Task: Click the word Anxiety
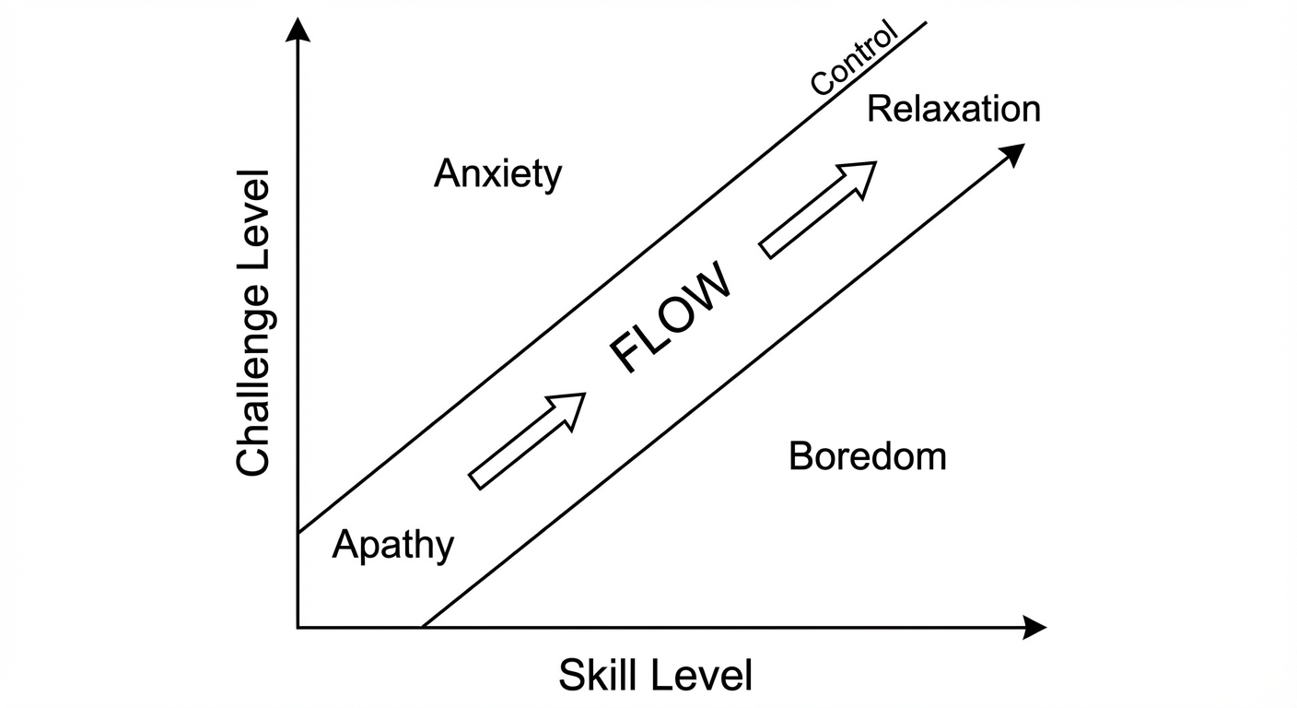497,173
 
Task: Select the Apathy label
392,545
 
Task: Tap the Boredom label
867,456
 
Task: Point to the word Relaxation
953,110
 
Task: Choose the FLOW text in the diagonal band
672,316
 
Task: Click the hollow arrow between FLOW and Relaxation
817,209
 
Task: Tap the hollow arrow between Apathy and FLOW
527,441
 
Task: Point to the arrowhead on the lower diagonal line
1013,154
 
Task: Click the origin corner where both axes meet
298,628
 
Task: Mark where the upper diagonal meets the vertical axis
298,533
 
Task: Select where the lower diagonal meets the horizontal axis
422,628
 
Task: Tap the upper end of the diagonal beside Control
925,22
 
